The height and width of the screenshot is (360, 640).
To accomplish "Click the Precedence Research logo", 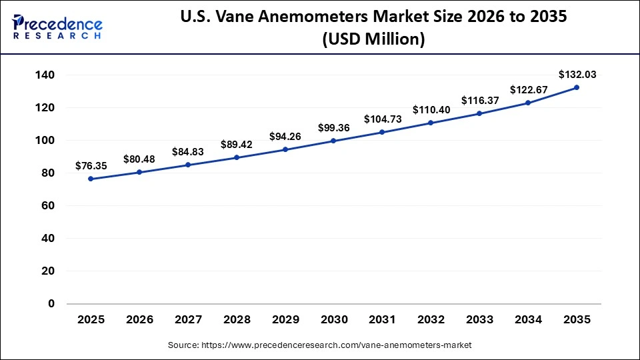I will [x=57, y=26].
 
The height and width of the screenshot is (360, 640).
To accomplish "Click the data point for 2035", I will [x=577, y=87].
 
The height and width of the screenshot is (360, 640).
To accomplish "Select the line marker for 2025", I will [x=91, y=179].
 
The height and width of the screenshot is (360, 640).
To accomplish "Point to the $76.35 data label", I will [x=91, y=165].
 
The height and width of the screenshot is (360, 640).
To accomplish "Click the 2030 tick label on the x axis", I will [x=333, y=319].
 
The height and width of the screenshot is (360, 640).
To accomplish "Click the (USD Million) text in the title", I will [x=373, y=39].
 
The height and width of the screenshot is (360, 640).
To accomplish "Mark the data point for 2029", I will [x=285, y=149].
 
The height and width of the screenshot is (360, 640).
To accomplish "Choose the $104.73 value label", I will [x=382, y=119].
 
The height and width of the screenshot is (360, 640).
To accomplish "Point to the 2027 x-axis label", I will [x=188, y=319].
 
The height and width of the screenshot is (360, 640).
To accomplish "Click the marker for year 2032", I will [x=431, y=123].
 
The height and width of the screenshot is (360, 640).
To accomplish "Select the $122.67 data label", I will [x=528, y=89].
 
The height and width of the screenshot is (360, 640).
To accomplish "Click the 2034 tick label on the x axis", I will [x=528, y=319].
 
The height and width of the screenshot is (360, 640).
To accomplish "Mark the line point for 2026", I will [x=139, y=172].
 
